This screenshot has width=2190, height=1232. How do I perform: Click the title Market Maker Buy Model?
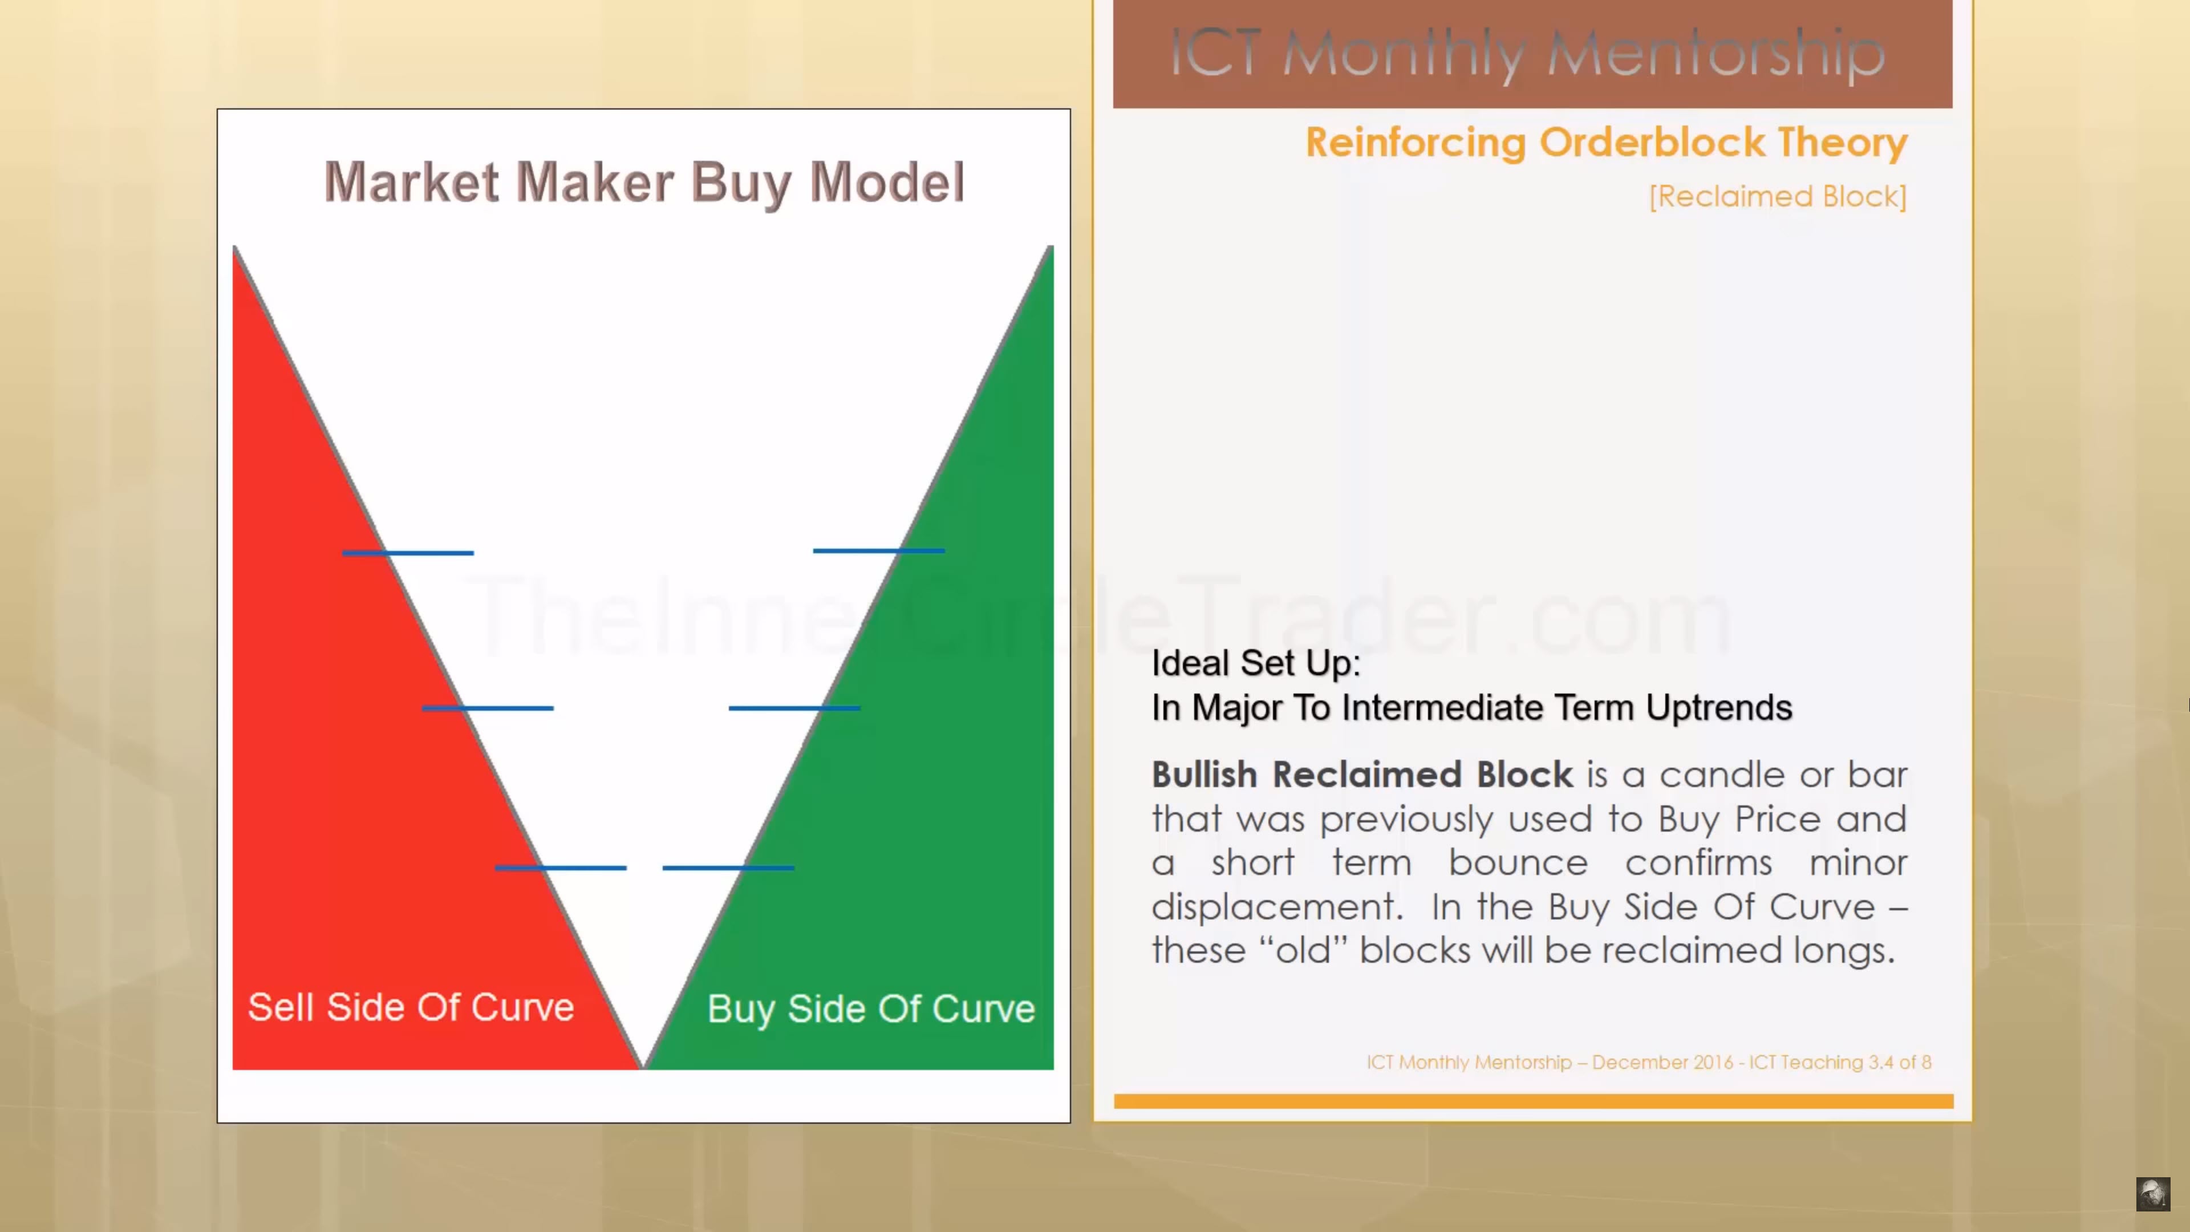tap(644, 183)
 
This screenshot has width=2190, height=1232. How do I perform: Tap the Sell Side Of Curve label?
tap(411, 1007)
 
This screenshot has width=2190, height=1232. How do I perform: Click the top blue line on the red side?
tap(408, 553)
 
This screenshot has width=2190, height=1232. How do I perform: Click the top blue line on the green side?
tap(879, 551)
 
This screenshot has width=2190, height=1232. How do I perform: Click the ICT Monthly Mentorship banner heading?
tap(1528, 54)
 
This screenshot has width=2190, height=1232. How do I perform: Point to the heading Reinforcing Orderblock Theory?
tap(1607, 143)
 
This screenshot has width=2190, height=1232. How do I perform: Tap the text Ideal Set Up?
tap(1256, 663)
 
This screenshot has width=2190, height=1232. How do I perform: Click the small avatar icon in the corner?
tap(2152, 1194)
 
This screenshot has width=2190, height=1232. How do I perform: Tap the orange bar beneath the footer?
tap(1534, 1101)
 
